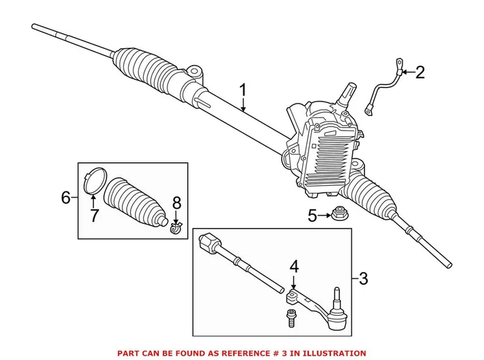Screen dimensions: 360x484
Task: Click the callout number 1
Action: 243,90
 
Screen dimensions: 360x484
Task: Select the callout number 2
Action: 419,73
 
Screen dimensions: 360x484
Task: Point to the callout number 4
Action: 294,265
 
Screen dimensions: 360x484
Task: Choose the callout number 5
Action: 313,216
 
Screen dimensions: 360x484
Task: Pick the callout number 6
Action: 66,198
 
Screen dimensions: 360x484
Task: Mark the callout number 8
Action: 176,203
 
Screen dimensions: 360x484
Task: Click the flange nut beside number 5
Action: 339,214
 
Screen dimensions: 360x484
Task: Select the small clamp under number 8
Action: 176,225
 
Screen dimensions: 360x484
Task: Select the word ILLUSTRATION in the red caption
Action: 331,352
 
